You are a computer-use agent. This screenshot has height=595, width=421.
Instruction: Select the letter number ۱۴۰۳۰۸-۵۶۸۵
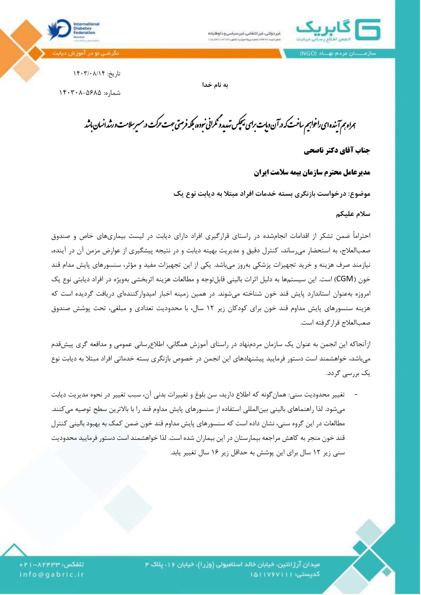(80, 93)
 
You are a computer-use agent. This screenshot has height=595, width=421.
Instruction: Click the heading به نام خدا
(215, 85)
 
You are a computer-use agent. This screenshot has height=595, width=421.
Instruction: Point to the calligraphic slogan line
(220, 124)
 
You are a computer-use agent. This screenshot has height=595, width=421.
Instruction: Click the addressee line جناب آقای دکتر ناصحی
(337, 151)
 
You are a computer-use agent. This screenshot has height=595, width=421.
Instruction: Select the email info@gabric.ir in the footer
(52, 574)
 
